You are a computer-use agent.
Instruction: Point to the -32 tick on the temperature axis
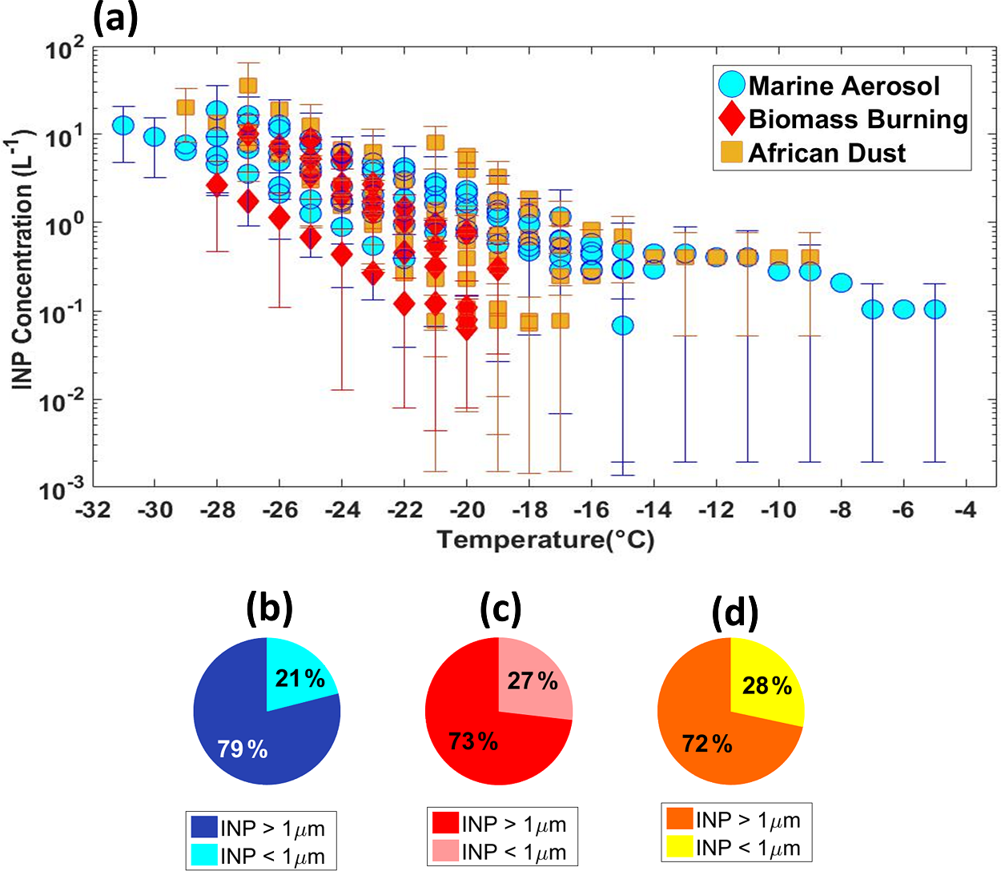coord(93,510)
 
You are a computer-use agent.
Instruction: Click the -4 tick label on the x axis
coord(967,510)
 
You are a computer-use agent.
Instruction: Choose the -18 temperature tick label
coord(529,510)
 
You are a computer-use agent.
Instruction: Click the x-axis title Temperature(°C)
coord(545,540)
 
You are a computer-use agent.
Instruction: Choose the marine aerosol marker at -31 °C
coord(123,126)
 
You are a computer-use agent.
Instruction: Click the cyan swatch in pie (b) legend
coord(204,855)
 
